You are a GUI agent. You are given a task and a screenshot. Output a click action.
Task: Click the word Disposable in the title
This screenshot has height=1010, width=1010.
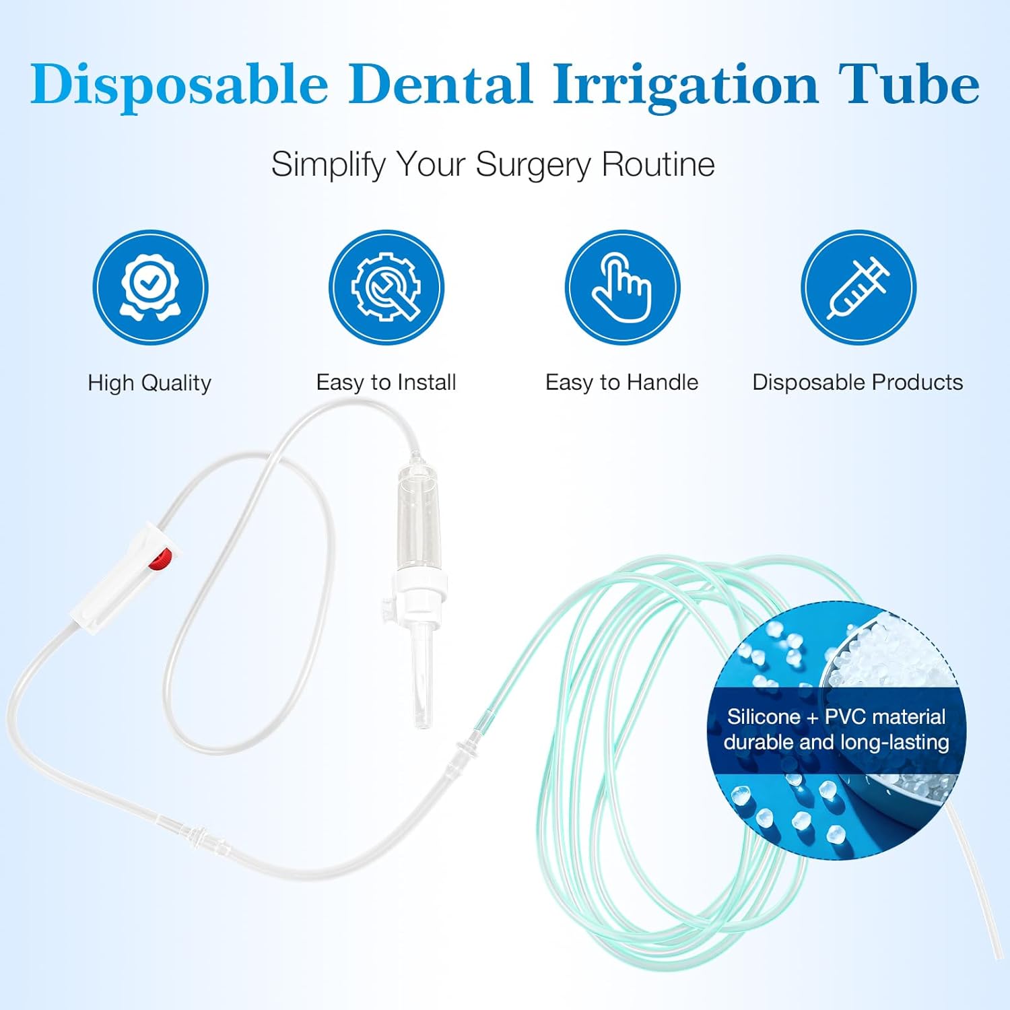179,86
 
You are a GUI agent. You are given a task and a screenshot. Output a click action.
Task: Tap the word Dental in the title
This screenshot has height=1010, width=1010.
440,86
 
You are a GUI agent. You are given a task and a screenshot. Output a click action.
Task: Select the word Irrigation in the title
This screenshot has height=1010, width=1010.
685,86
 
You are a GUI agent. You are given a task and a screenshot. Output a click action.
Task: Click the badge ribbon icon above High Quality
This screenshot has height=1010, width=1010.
150,287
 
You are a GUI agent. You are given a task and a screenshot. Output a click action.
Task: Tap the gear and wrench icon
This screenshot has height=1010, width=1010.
386,287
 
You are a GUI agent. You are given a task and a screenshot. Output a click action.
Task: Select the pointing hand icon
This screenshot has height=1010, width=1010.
622,287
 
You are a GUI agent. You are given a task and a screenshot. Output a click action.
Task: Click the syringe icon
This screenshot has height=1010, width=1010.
858,287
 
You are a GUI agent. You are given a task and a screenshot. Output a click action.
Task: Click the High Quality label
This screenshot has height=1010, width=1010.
149,383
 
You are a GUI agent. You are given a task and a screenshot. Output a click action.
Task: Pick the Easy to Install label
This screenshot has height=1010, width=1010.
386,382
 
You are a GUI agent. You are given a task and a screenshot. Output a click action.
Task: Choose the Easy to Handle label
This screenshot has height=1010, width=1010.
621,382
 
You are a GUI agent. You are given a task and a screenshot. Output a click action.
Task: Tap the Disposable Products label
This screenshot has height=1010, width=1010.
857,382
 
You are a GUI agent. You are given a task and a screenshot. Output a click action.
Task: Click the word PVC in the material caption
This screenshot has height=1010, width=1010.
849,716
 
